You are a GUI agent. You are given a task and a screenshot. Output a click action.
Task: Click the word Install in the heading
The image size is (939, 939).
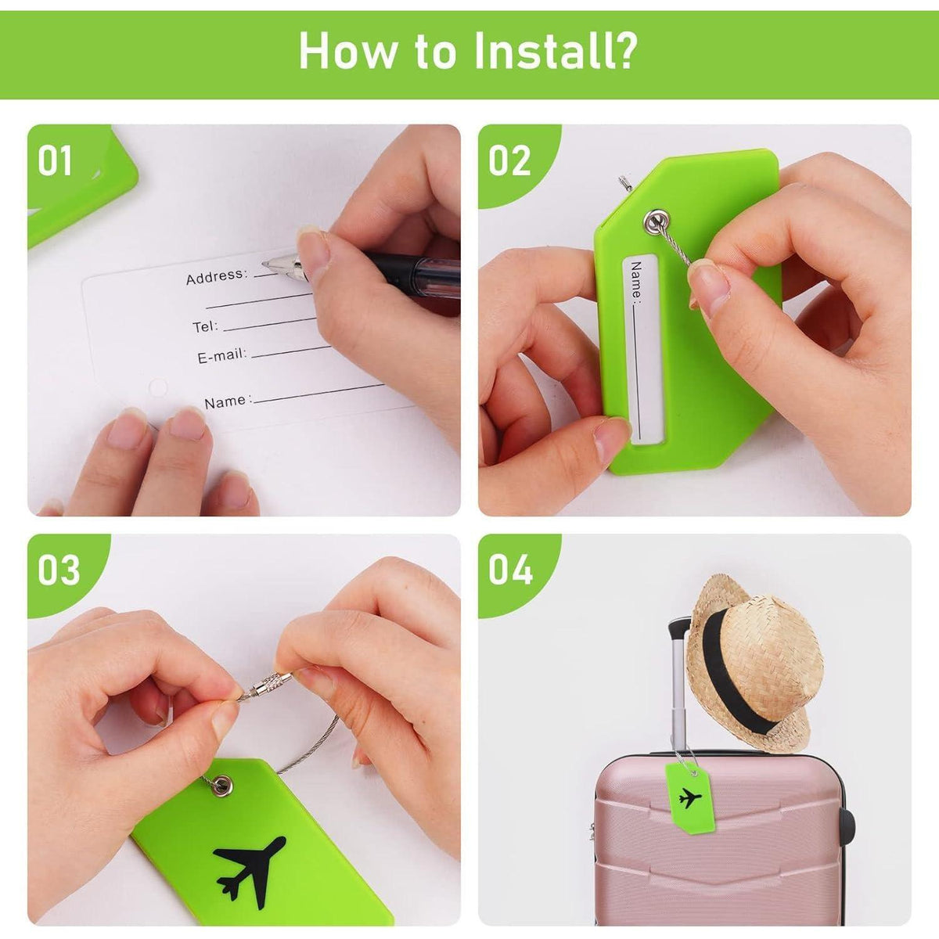(x=539, y=51)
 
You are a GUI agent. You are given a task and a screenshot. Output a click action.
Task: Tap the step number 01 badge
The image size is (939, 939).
(x=55, y=160)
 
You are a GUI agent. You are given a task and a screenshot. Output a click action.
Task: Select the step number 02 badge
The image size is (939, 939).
(x=509, y=160)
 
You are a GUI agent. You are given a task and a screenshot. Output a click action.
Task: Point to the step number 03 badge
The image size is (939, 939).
(x=59, y=570)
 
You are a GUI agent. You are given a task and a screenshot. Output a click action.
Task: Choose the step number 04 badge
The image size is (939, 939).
(x=511, y=570)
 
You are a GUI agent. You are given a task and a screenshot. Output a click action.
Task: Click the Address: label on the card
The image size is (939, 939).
(x=217, y=276)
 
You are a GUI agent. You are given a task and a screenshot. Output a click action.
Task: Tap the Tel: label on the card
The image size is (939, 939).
(x=205, y=326)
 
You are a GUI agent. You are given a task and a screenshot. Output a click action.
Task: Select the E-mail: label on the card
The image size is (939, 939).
(x=222, y=356)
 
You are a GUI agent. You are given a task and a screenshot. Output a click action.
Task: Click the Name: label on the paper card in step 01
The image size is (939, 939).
(x=228, y=401)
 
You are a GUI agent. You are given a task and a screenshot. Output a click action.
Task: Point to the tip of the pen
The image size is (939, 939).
(x=264, y=264)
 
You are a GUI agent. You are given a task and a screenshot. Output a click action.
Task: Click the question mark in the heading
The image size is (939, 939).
(x=622, y=50)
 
